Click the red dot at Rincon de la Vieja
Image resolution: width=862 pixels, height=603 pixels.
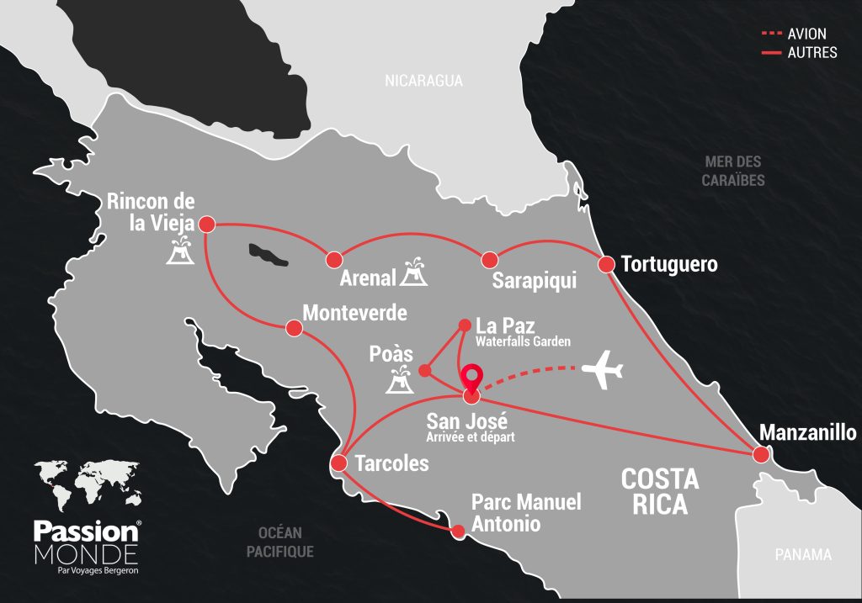tap(205, 225)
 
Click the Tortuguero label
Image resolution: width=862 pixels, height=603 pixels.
tap(669, 265)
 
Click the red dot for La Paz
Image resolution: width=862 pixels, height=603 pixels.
tap(464, 325)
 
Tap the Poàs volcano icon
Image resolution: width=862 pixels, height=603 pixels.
tap(398, 382)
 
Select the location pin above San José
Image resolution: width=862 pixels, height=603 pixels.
tap(472, 376)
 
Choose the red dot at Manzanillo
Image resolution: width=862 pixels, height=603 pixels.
tap(761, 454)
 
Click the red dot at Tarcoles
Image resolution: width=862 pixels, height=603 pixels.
tap(339, 463)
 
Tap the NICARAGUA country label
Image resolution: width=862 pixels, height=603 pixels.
tap(423, 81)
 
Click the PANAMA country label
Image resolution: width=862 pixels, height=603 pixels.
tap(803, 555)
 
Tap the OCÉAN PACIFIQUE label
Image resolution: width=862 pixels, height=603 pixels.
tap(281, 542)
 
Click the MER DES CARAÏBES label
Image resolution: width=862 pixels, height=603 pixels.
tap(733, 171)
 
